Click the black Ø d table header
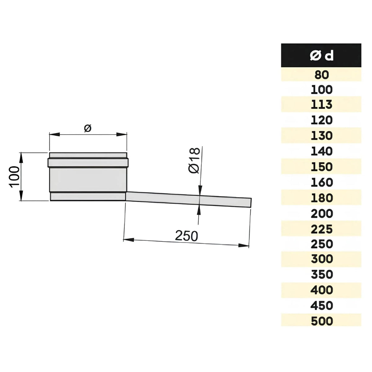321,55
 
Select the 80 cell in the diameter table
321,74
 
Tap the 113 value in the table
321,104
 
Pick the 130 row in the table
321,135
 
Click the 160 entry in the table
321,182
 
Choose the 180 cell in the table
321,198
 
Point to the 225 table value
321,229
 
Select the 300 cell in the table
321,259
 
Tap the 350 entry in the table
321,274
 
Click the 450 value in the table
321,305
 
